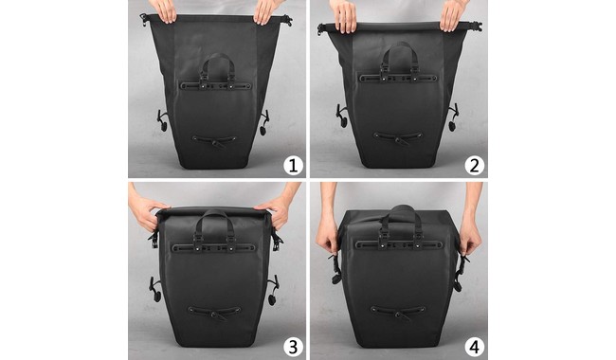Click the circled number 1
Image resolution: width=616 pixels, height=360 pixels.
click(293, 165)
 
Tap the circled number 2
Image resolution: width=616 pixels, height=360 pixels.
click(474, 165)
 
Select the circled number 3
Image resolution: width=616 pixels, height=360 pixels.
click(293, 347)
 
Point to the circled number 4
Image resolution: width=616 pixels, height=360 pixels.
click(474, 347)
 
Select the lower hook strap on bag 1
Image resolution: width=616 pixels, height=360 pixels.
click(214, 140)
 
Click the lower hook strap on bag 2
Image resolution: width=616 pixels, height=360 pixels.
click(398, 137)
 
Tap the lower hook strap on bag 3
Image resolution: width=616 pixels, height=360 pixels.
click(214, 312)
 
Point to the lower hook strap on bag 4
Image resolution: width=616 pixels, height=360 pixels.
click(398, 312)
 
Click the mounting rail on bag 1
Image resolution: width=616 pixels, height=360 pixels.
click(216, 85)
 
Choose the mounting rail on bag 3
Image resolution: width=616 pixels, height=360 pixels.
click(214, 247)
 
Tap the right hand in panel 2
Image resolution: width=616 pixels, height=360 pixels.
click(452, 15)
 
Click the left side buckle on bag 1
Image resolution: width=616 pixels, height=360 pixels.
click(161, 120)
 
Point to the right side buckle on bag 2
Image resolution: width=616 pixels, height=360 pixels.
click(453, 117)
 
